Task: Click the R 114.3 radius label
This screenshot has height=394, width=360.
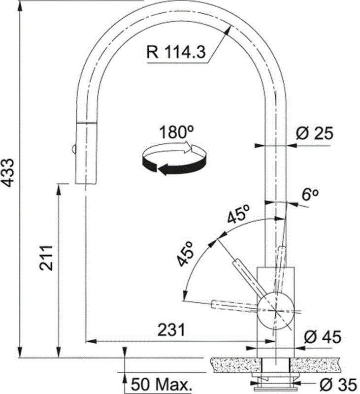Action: coord(176,52)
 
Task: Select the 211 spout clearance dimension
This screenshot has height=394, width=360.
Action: coord(46,258)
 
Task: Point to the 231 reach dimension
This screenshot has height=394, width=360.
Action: coord(171,329)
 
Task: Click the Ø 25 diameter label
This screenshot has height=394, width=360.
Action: coord(315,133)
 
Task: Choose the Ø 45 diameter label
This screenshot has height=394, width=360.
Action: coord(323,337)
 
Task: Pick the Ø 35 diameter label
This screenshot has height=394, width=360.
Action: coord(338,385)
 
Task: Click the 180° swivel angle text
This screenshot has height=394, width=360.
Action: coord(177,132)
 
